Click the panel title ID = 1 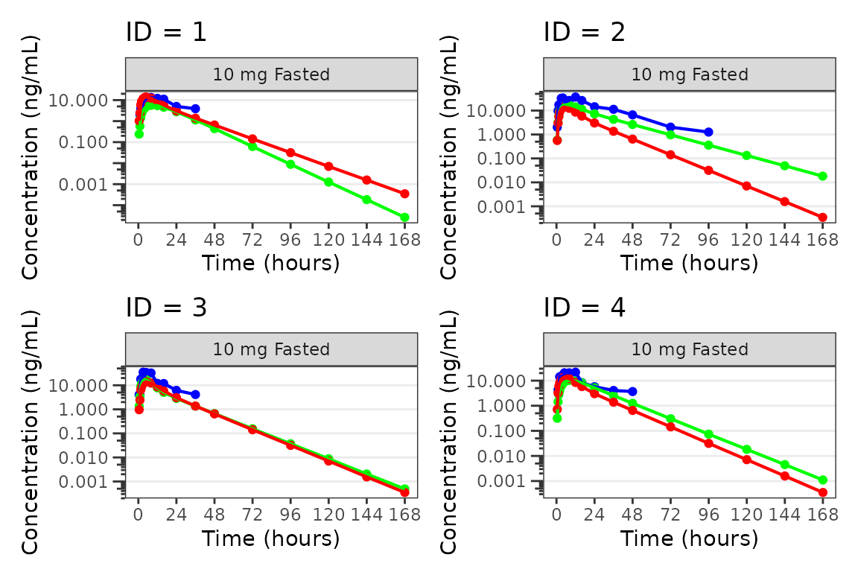(x=165, y=33)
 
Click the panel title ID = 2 (x=584, y=33)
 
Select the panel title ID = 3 (x=165, y=308)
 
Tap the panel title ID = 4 (x=584, y=308)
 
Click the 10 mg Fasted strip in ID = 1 (x=271, y=74)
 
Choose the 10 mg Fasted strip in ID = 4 (x=690, y=349)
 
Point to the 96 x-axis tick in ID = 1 (x=290, y=240)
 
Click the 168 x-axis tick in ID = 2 (x=822, y=240)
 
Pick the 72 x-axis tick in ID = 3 (x=252, y=515)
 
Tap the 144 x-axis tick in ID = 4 (x=784, y=515)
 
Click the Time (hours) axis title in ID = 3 (x=271, y=538)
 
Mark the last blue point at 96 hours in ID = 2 (x=708, y=132)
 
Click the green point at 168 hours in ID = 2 (x=822, y=177)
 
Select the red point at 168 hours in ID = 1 (x=404, y=194)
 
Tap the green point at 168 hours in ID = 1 (x=404, y=217)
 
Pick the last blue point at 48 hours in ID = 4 (x=632, y=391)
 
